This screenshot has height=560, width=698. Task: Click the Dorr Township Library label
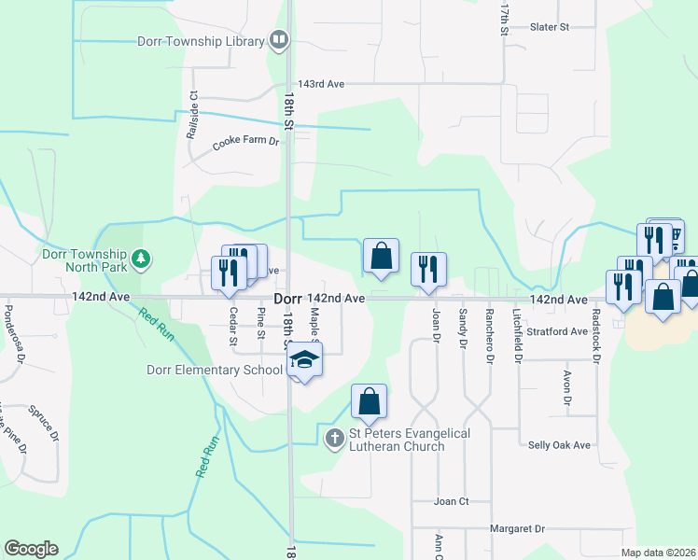click(x=201, y=42)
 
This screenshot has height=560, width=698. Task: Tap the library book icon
click(x=278, y=40)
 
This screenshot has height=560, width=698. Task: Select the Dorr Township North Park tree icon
click(x=141, y=257)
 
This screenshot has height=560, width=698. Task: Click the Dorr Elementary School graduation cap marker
click(x=304, y=359)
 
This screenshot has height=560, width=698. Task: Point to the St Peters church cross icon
click(x=335, y=437)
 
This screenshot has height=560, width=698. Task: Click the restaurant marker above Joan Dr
click(x=429, y=270)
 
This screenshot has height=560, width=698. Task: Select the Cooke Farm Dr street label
click(x=246, y=143)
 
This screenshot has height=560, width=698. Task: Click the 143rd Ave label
click(x=321, y=84)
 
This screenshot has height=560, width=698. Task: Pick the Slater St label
click(x=549, y=28)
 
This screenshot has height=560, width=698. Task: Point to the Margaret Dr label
click(x=517, y=529)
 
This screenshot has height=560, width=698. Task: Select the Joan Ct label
click(x=451, y=501)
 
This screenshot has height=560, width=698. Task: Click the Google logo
click(x=31, y=549)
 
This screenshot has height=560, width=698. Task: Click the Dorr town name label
click(x=287, y=299)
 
